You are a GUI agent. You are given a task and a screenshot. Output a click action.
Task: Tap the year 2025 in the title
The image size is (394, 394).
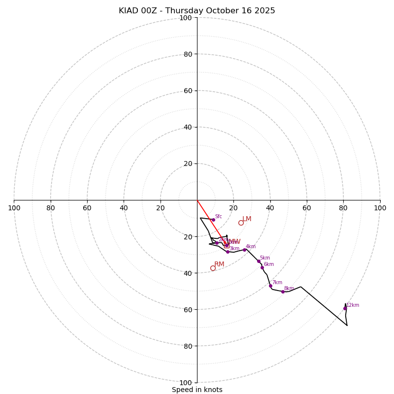pyautogui.click(x=264, y=11)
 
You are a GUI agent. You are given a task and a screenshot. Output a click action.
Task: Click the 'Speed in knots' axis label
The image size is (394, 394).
pyautogui.click(x=197, y=390)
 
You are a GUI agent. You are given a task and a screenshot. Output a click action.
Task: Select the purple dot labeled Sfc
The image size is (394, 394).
pyautogui.click(x=213, y=220)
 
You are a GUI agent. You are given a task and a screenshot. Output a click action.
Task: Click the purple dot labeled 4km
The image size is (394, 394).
pyautogui.click(x=244, y=250)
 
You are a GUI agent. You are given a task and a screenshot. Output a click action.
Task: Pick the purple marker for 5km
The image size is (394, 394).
pyautogui.click(x=259, y=261)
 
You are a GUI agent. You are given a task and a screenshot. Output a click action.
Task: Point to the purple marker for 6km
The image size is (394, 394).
pyautogui.click(x=262, y=267)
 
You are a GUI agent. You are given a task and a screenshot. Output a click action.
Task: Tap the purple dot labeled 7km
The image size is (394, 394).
pyautogui.click(x=270, y=286)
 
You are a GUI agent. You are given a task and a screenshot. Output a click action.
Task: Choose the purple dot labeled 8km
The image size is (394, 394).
pyautogui.click(x=283, y=292)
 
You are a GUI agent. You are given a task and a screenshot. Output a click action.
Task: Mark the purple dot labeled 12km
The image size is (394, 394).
pyautogui.click(x=345, y=308)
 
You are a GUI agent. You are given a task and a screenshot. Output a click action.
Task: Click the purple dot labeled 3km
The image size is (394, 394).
pyautogui.click(x=228, y=252)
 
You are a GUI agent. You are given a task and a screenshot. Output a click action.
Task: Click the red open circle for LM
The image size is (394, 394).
pyautogui.click(x=241, y=223)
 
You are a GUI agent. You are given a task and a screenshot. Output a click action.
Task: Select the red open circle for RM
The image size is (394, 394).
pyautogui.click(x=213, y=268)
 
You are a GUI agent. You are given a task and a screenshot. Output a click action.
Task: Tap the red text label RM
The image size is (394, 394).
pyautogui.click(x=219, y=264)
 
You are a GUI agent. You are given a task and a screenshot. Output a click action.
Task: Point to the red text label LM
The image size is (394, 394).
pyautogui.click(x=247, y=219)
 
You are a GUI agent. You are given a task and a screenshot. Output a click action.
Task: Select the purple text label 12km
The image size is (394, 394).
pyautogui.click(x=353, y=305)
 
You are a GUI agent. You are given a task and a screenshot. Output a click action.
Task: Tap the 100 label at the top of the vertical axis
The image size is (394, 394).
pyautogui.click(x=186, y=18)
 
